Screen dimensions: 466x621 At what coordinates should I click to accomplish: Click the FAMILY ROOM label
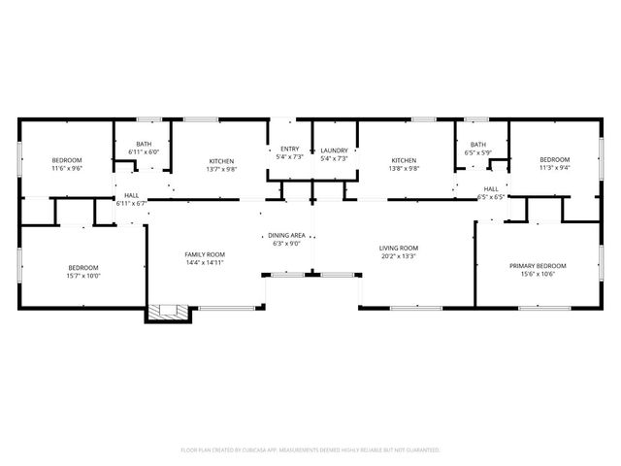click(x=205, y=254)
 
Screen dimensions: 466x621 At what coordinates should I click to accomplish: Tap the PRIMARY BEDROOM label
click(x=538, y=265)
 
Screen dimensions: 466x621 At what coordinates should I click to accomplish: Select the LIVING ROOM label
click(x=398, y=249)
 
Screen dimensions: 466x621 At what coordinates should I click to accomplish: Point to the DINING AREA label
click(x=286, y=236)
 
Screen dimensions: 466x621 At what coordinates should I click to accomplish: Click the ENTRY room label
click(x=290, y=149)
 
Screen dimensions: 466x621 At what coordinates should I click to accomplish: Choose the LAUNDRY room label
click(x=334, y=150)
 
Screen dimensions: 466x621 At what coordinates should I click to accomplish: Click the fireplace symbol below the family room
click(x=162, y=313)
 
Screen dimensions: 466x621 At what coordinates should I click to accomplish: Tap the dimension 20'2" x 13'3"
click(x=398, y=257)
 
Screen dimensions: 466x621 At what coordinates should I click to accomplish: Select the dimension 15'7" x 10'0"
click(x=82, y=276)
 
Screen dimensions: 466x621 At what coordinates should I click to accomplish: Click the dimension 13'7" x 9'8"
click(x=221, y=169)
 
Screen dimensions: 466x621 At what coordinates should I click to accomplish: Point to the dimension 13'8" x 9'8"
click(x=404, y=169)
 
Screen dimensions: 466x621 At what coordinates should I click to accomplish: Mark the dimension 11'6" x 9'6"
click(x=67, y=168)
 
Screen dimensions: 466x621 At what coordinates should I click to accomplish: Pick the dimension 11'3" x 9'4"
click(x=554, y=167)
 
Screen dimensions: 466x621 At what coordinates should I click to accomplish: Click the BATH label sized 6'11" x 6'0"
click(x=144, y=144)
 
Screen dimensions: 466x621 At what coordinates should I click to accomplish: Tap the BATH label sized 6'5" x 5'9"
click(x=479, y=144)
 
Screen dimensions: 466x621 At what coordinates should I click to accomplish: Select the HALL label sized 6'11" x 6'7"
click(x=131, y=195)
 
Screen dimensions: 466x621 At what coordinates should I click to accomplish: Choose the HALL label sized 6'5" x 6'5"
click(x=491, y=188)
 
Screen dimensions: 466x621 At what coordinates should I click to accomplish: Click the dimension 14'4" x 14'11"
click(x=205, y=263)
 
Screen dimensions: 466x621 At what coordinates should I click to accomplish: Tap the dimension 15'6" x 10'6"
click(x=538, y=274)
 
